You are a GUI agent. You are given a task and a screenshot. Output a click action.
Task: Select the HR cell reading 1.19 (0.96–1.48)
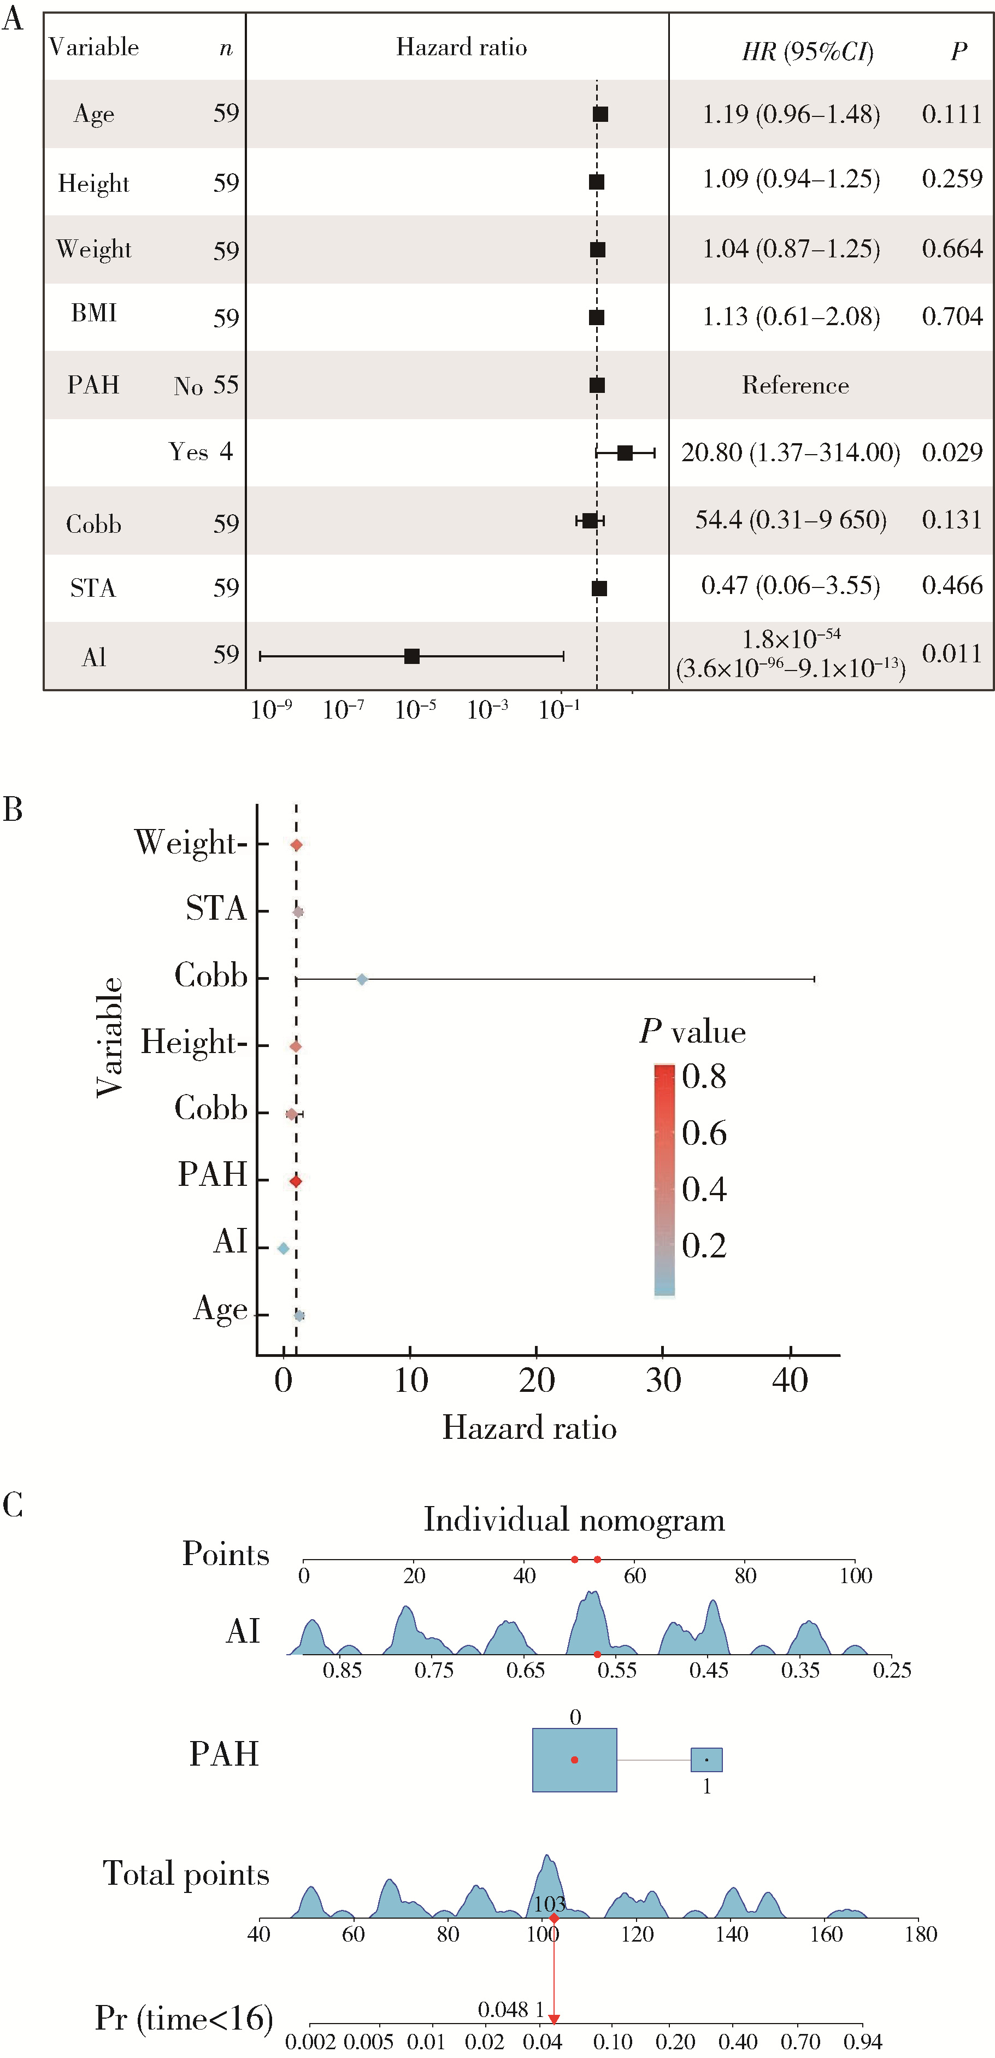click(x=791, y=114)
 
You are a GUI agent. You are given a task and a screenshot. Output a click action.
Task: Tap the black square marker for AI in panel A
click(x=411, y=656)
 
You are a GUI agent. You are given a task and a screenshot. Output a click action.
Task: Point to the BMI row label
click(x=93, y=313)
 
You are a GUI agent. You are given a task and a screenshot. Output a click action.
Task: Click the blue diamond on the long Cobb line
click(x=362, y=979)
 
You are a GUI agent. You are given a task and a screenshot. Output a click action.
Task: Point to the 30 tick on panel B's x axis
click(x=663, y=1380)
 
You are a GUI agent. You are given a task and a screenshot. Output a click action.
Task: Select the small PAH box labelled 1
click(x=706, y=1759)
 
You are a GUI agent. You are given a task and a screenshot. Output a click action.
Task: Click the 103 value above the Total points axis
click(x=549, y=1904)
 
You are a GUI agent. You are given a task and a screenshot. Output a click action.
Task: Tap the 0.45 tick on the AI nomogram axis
click(x=708, y=1669)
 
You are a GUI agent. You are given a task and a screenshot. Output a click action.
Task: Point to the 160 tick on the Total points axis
click(x=826, y=1934)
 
